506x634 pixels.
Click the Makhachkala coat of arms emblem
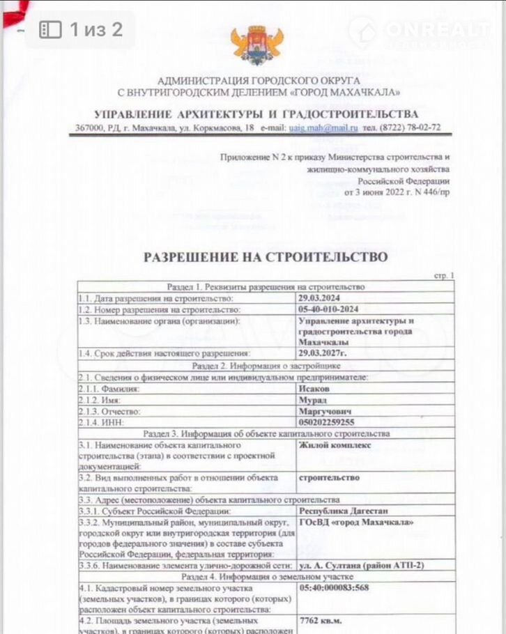point(256,44)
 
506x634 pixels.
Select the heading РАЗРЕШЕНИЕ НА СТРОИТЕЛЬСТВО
point(265,257)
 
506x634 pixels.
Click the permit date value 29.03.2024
point(319,298)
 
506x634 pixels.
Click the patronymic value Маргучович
point(322,411)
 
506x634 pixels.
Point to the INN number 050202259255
point(326,422)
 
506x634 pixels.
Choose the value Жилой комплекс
point(335,444)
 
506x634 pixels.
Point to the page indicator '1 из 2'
point(95,29)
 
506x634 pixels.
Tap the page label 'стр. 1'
point(443,276)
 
